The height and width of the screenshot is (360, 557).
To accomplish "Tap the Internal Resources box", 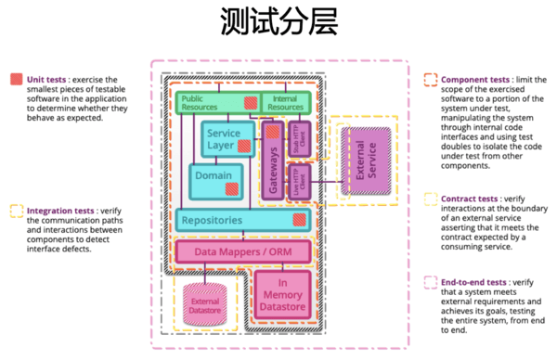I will [x=284, y=102].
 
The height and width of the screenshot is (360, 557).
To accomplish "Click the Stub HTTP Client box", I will [x=298, y=138].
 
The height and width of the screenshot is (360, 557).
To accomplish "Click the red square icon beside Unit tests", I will [x=16, y=80].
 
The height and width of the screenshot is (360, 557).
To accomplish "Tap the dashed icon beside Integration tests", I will [x=16, y=210].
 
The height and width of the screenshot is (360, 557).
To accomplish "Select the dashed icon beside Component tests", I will [x=430, y=80].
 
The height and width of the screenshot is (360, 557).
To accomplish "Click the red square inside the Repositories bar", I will [x=299, y=220].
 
